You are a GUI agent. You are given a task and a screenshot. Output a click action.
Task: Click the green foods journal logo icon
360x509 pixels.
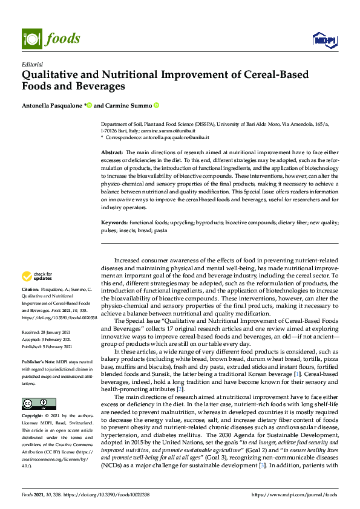30,38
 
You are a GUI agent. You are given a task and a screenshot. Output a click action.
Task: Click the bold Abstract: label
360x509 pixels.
112,154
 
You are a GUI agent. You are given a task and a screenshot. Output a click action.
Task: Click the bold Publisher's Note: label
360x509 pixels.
41,360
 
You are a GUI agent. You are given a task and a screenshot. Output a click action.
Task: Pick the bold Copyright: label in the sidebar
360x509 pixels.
34,400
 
